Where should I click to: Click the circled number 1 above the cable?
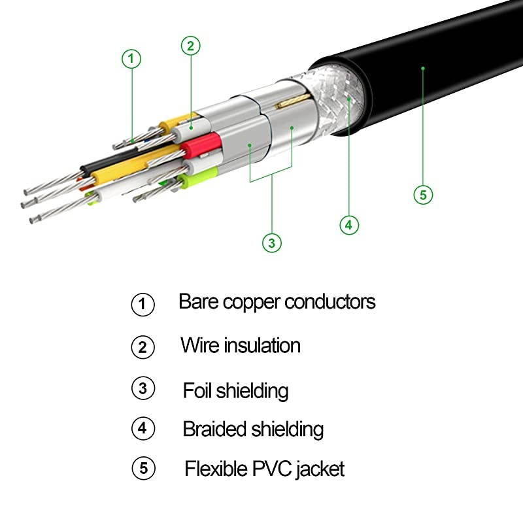(x=131, y=59)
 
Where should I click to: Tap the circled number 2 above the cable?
(x=190, y=45)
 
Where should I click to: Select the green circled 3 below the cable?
(x=272, y=243)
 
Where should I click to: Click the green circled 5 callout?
(x=423, y=194)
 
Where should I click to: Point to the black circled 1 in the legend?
(x=143, y=305)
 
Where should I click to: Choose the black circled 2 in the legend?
(x=143, y=346)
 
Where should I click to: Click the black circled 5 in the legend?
(x=143, y=469)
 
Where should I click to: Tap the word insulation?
(x=262, y=345)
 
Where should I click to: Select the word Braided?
(x=214, y=430)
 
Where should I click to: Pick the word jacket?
(x=320, y=469)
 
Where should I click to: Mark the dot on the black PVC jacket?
(x=423, y=67)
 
